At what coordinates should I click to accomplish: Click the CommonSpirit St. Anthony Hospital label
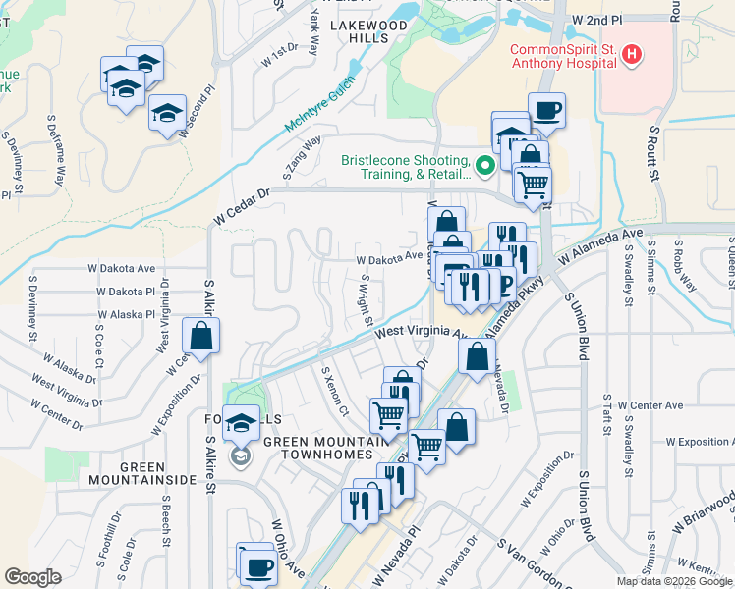click(562, 58)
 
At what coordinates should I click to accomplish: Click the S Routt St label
click(652, 152)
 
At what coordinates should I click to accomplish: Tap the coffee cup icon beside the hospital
click(546, 109)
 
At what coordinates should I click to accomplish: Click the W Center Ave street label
click(643, 405)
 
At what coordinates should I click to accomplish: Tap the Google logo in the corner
click(33, 577)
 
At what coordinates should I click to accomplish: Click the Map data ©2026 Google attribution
click(673, 581)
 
